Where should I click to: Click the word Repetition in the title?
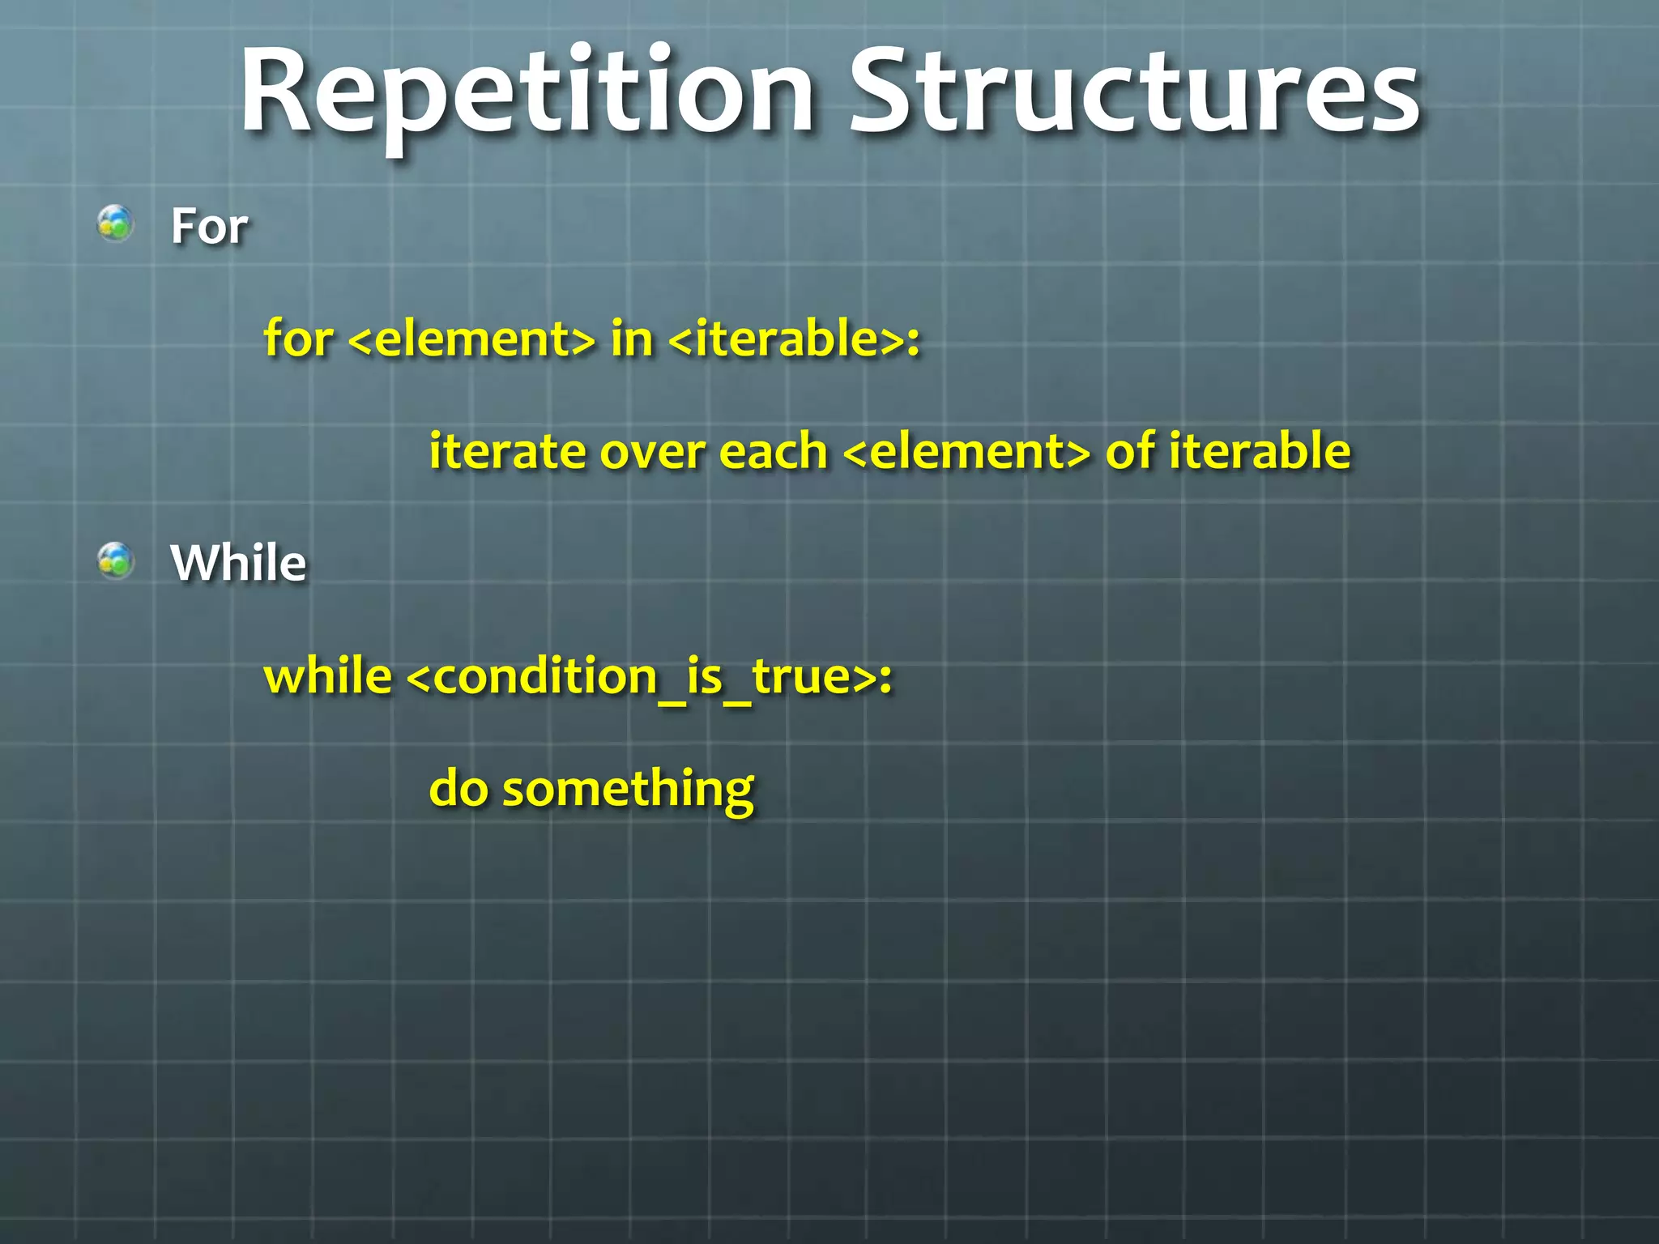(527, 93)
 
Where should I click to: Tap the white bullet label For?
(209, 226)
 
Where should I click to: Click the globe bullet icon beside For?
(115, 224)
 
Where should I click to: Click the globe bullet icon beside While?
(115, 560)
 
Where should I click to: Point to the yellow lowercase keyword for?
(298, 338)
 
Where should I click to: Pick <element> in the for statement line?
(471, 339)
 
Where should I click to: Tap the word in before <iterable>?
(632, 338)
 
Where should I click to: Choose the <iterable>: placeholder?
(794, 338)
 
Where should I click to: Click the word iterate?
(507, 451)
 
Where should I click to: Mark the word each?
(773, 451)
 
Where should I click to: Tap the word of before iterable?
(1130, 451)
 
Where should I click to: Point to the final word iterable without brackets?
(1260, 451)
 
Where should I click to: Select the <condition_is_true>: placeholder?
(648, 677)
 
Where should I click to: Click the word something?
(628, 790)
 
